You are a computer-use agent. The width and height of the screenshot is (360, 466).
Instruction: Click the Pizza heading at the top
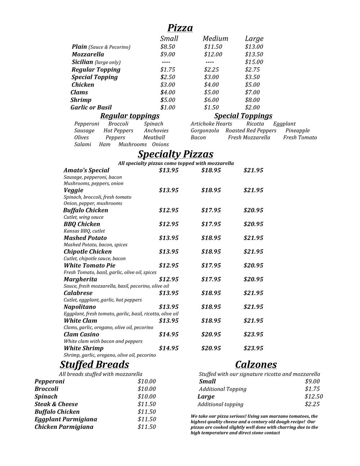[x=180, y=28]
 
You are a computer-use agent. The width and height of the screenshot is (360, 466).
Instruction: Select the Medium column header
[x=215, y=39]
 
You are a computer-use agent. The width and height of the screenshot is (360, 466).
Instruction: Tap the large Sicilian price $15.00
[x=254, y=62]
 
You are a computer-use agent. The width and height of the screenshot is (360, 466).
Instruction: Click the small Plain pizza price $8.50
[x=168, y=47]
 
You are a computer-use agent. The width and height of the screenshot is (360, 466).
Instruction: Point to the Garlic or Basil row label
[x=91, y=107]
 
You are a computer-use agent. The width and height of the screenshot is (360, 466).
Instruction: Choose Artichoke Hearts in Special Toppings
[x=211, y=124]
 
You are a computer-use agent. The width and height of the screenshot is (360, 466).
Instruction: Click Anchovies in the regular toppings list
[x=156, y=131]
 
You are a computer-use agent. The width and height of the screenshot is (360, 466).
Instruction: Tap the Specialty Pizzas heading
[x=175, y=154]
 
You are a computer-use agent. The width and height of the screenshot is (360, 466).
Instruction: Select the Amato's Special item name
[x=86, y=170]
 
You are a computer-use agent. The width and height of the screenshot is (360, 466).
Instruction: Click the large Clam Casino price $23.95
[x=253, y=335]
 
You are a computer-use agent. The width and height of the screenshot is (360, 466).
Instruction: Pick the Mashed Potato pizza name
[x=85, y=238]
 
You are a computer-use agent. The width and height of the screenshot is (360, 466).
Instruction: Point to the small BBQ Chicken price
[x=169, y=224]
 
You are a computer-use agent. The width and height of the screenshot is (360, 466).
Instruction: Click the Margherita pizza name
[x=80, y=279]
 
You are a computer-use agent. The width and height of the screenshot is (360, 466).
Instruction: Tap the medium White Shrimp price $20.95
[x=211, y=348]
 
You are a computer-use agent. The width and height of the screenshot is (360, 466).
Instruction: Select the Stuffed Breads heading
[x=94, y=364]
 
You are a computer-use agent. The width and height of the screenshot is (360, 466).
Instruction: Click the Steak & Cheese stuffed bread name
[x=56, y=404]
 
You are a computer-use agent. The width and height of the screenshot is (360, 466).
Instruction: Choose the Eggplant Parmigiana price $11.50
[x=147, y=419]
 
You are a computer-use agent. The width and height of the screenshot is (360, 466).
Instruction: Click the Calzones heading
[x=256, y=364]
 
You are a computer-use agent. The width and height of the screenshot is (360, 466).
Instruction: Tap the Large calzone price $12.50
[x=314, y=396]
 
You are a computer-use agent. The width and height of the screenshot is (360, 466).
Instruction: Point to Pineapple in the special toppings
[x=297, y=131]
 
